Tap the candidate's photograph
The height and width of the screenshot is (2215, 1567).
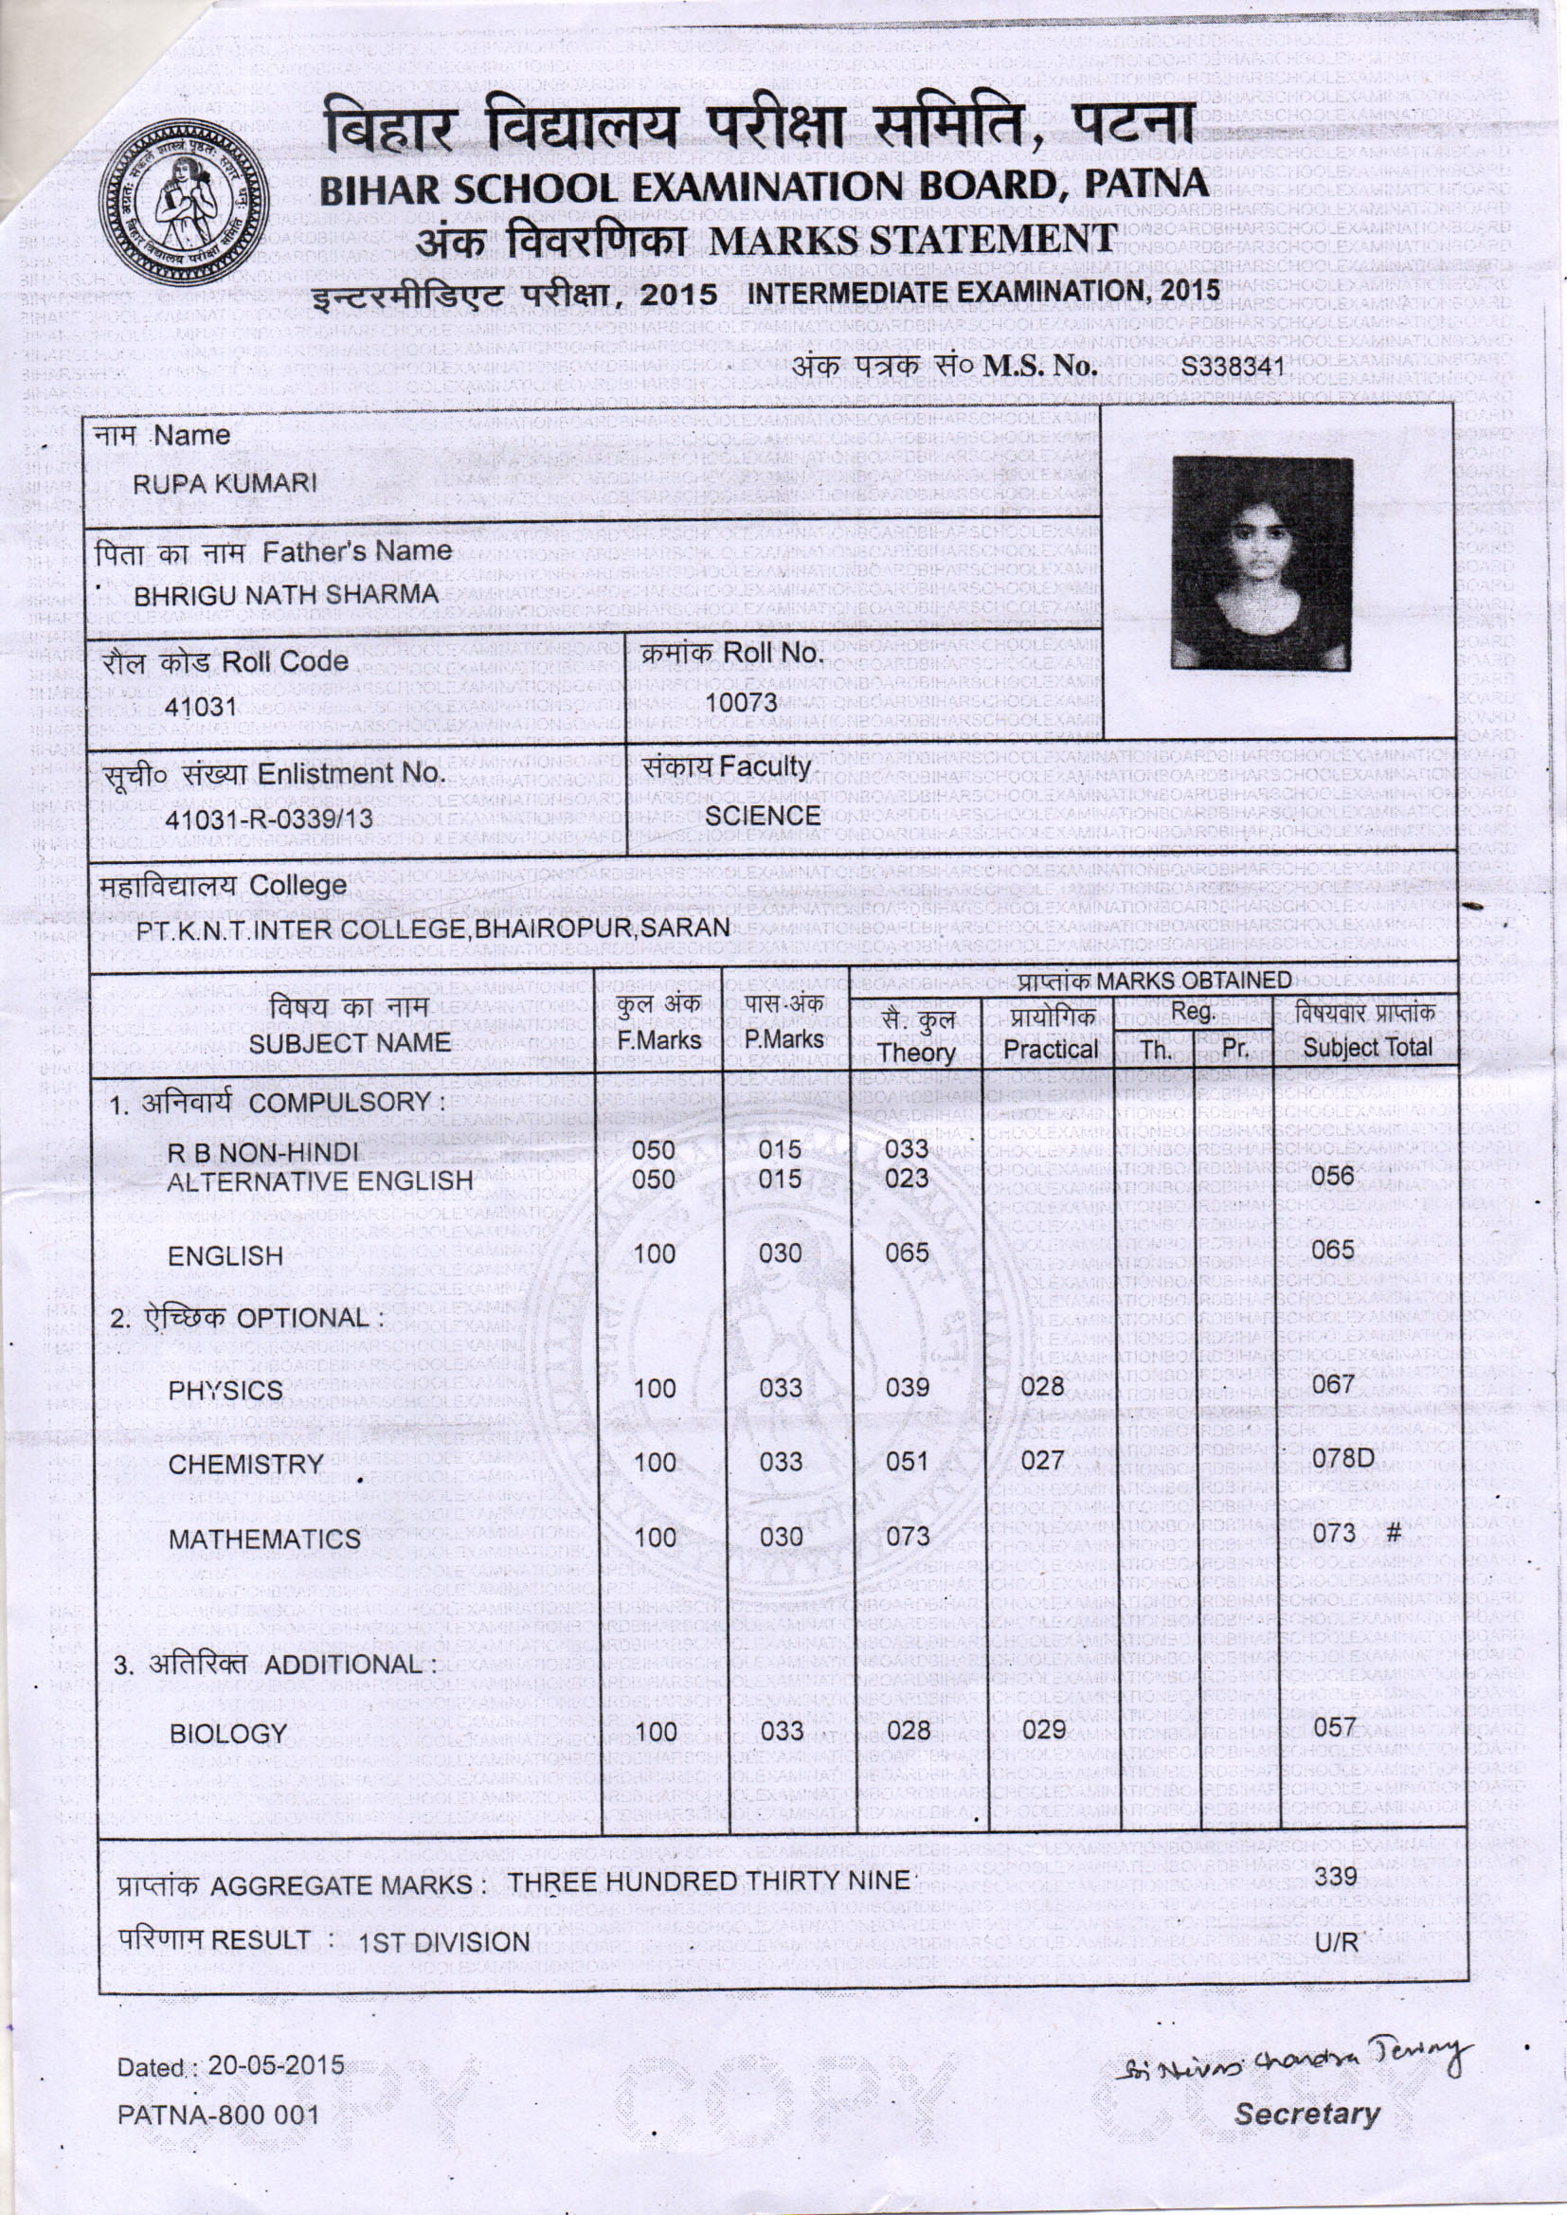coord(1262,564)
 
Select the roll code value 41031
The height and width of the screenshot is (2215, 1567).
coord(201,707)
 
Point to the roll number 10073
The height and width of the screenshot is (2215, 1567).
coord(741,702)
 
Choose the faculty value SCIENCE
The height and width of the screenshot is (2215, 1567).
coord(763,815)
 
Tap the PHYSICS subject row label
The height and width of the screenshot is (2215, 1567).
coord(225,1390)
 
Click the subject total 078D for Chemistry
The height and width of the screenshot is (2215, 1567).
coord(1342,1459)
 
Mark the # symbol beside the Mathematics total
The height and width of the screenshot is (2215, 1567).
coord(1395,1533)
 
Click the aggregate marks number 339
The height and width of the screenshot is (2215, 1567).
coord(1337,1878)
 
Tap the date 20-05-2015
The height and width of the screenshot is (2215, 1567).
coord(276,2065)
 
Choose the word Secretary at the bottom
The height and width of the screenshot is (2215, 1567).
coord(1307,2115)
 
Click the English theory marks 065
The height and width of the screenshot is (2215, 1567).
coord(907,1252)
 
